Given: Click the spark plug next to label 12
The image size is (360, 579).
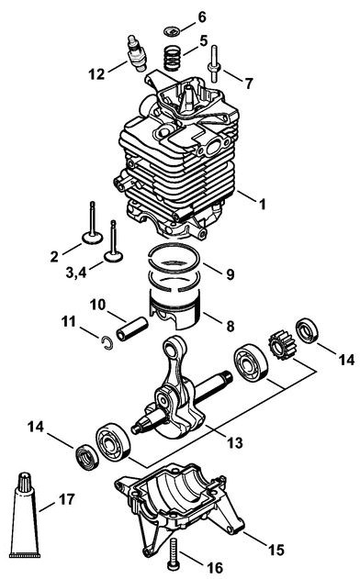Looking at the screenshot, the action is pyautogui.click(x=137, y=54).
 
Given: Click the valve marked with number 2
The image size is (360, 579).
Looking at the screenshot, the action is pyautogui.click(x=92, y=225).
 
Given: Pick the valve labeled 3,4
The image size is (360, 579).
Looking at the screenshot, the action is pyautogui.click(x=113, y=243).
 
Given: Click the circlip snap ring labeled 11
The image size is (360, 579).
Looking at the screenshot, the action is pyautogui.click(x=107, y=342).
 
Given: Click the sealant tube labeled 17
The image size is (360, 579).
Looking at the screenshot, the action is pyautogui.click(x=25, y=515).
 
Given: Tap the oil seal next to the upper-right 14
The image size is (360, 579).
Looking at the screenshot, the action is pyautogui.click(x=307, y=330).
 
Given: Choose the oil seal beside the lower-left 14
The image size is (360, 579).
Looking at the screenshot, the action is pyautogui.click(x=87, y=458).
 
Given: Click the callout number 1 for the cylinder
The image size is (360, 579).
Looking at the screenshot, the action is pyautogui.click(x=262, y=204).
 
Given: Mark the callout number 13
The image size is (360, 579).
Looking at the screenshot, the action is pyautogui.click(x=235, y=442).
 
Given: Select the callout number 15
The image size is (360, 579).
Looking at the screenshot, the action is pyautogui.click(x=276, y=550).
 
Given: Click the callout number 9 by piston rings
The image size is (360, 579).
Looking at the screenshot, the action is pyautogui.click(x=230, y=274).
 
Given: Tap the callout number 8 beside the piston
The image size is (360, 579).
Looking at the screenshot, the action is pyautogui.click(x=230, y=327).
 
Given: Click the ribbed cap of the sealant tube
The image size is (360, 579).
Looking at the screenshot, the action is pyautogui.click(x=25, y=481).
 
